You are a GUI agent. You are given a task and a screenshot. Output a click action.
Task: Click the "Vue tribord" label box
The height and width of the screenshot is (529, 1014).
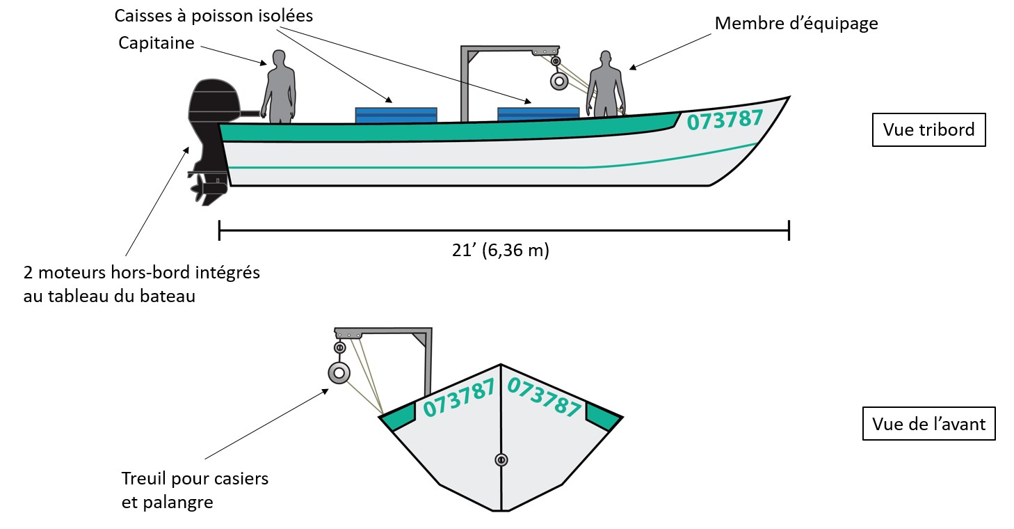pos(928,129)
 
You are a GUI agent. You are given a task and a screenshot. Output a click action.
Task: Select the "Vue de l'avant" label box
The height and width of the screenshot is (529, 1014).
pos(928,423)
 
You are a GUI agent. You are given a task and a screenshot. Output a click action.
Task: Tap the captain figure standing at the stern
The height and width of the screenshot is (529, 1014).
pos(278,87)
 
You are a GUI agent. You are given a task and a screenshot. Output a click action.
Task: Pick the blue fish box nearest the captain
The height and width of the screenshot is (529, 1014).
pos(396,115)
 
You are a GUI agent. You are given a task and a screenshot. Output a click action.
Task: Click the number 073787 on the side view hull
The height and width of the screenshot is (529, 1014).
pos(725,120)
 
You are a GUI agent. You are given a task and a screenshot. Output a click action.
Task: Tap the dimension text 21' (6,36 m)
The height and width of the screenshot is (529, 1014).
pos(500,251)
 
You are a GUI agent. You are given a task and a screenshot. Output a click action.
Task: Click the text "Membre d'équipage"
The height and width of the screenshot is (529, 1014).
pos(796,24)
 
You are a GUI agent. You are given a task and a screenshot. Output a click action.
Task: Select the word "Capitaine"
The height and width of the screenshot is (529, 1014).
pos(156,42)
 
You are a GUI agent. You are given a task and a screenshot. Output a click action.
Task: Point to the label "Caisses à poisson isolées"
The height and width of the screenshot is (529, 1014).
pos(214,15)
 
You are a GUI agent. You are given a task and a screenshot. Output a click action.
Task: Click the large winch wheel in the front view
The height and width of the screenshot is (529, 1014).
pos(339,373)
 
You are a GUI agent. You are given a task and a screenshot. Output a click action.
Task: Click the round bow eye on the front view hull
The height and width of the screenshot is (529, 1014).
pos(501,459)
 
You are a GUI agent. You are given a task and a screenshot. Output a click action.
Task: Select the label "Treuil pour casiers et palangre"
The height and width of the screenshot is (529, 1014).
pos(195,490)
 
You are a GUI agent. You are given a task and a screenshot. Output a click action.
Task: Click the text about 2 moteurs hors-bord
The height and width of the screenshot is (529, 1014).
pos(141,283)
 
